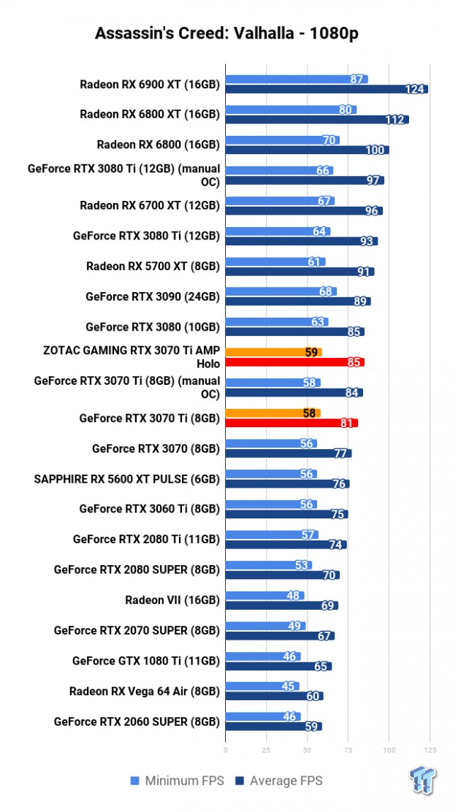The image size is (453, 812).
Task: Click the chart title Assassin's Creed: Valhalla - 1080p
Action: pos(226,34)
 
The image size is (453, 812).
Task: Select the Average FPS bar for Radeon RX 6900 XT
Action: pos(326,89)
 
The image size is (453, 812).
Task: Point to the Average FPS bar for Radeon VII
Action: pos(281,605)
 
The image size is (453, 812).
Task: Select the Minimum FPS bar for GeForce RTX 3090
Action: pos(281,291)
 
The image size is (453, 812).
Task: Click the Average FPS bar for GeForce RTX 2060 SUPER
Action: pos(273,727)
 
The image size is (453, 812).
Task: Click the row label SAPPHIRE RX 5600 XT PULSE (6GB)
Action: pos(126,479)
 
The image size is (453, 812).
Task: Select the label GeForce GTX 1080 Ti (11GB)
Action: pos(146,661)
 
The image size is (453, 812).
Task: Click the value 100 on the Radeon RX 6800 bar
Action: pos(375,150)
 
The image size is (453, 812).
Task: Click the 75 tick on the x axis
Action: pos(348,749)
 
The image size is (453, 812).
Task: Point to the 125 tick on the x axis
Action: pos(430,749)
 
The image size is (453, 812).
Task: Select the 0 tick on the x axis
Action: pos(225,749)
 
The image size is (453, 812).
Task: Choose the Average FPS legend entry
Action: pos(280,781)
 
